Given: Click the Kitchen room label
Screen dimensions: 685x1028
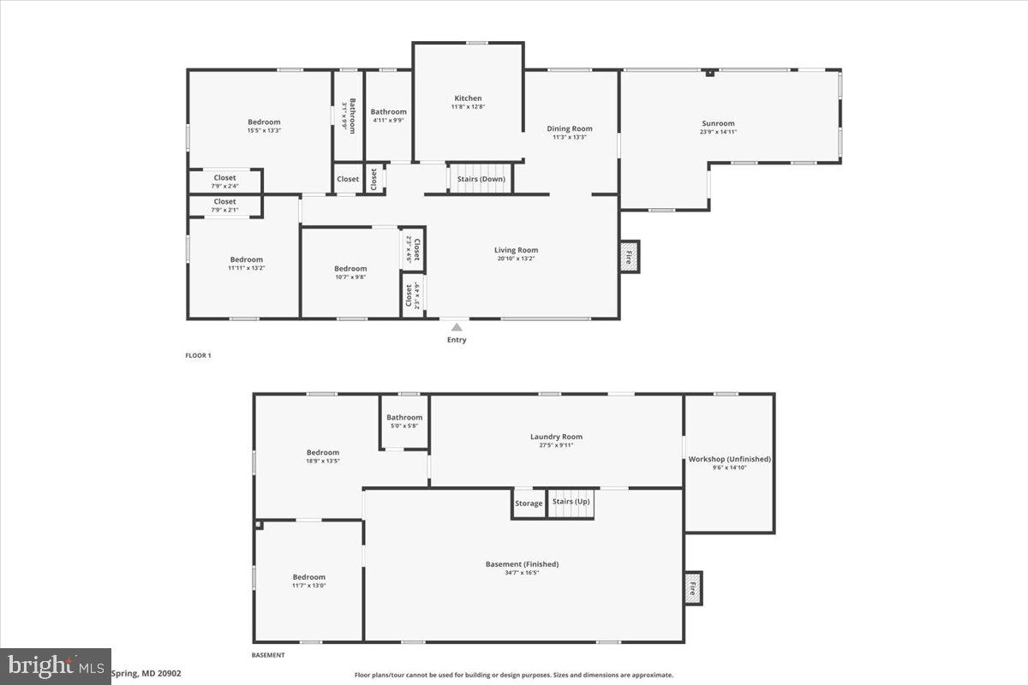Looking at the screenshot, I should pyautogui.click(x=468, y=98).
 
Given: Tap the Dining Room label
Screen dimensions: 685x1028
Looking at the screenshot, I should pyautogui.click(x=570, y=128).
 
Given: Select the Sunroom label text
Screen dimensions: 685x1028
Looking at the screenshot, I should pyautogui.click(x=718, y=123).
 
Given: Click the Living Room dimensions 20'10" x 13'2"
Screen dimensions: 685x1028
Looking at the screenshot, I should pyautogui.click(x=516, y=259).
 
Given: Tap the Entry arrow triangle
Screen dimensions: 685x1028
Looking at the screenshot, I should pyautogui.click(x=457, y=326).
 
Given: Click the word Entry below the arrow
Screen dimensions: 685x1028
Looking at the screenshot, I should pyautogui.click(x=457, y=340).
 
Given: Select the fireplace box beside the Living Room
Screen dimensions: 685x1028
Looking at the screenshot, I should pyautogui.click(x=630, y=256).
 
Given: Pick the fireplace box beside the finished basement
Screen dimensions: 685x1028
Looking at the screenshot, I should pyautogui.click(x=693, y=588).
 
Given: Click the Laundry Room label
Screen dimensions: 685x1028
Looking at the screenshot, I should pyautogui.click(x=556, y=437).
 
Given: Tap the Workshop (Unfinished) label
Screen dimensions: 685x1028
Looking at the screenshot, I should pyautogui.click(x=730, y=459).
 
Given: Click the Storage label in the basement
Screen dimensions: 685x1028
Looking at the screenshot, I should pyautogui.click(x=529, y=503).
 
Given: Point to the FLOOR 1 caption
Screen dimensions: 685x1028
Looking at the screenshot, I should pyautogui.click(x=198, y=355).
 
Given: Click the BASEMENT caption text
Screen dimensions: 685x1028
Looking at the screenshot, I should pyautogui.click(x=268, y=655).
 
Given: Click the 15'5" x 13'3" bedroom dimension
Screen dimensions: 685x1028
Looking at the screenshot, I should pyautogui.click(x=264, y=130).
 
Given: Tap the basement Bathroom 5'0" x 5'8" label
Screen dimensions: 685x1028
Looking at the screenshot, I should pyautogui.click(x=404, y=426).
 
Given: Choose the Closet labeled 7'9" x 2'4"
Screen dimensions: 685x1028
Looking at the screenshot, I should pyautogui.click(x=224, y=186).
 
